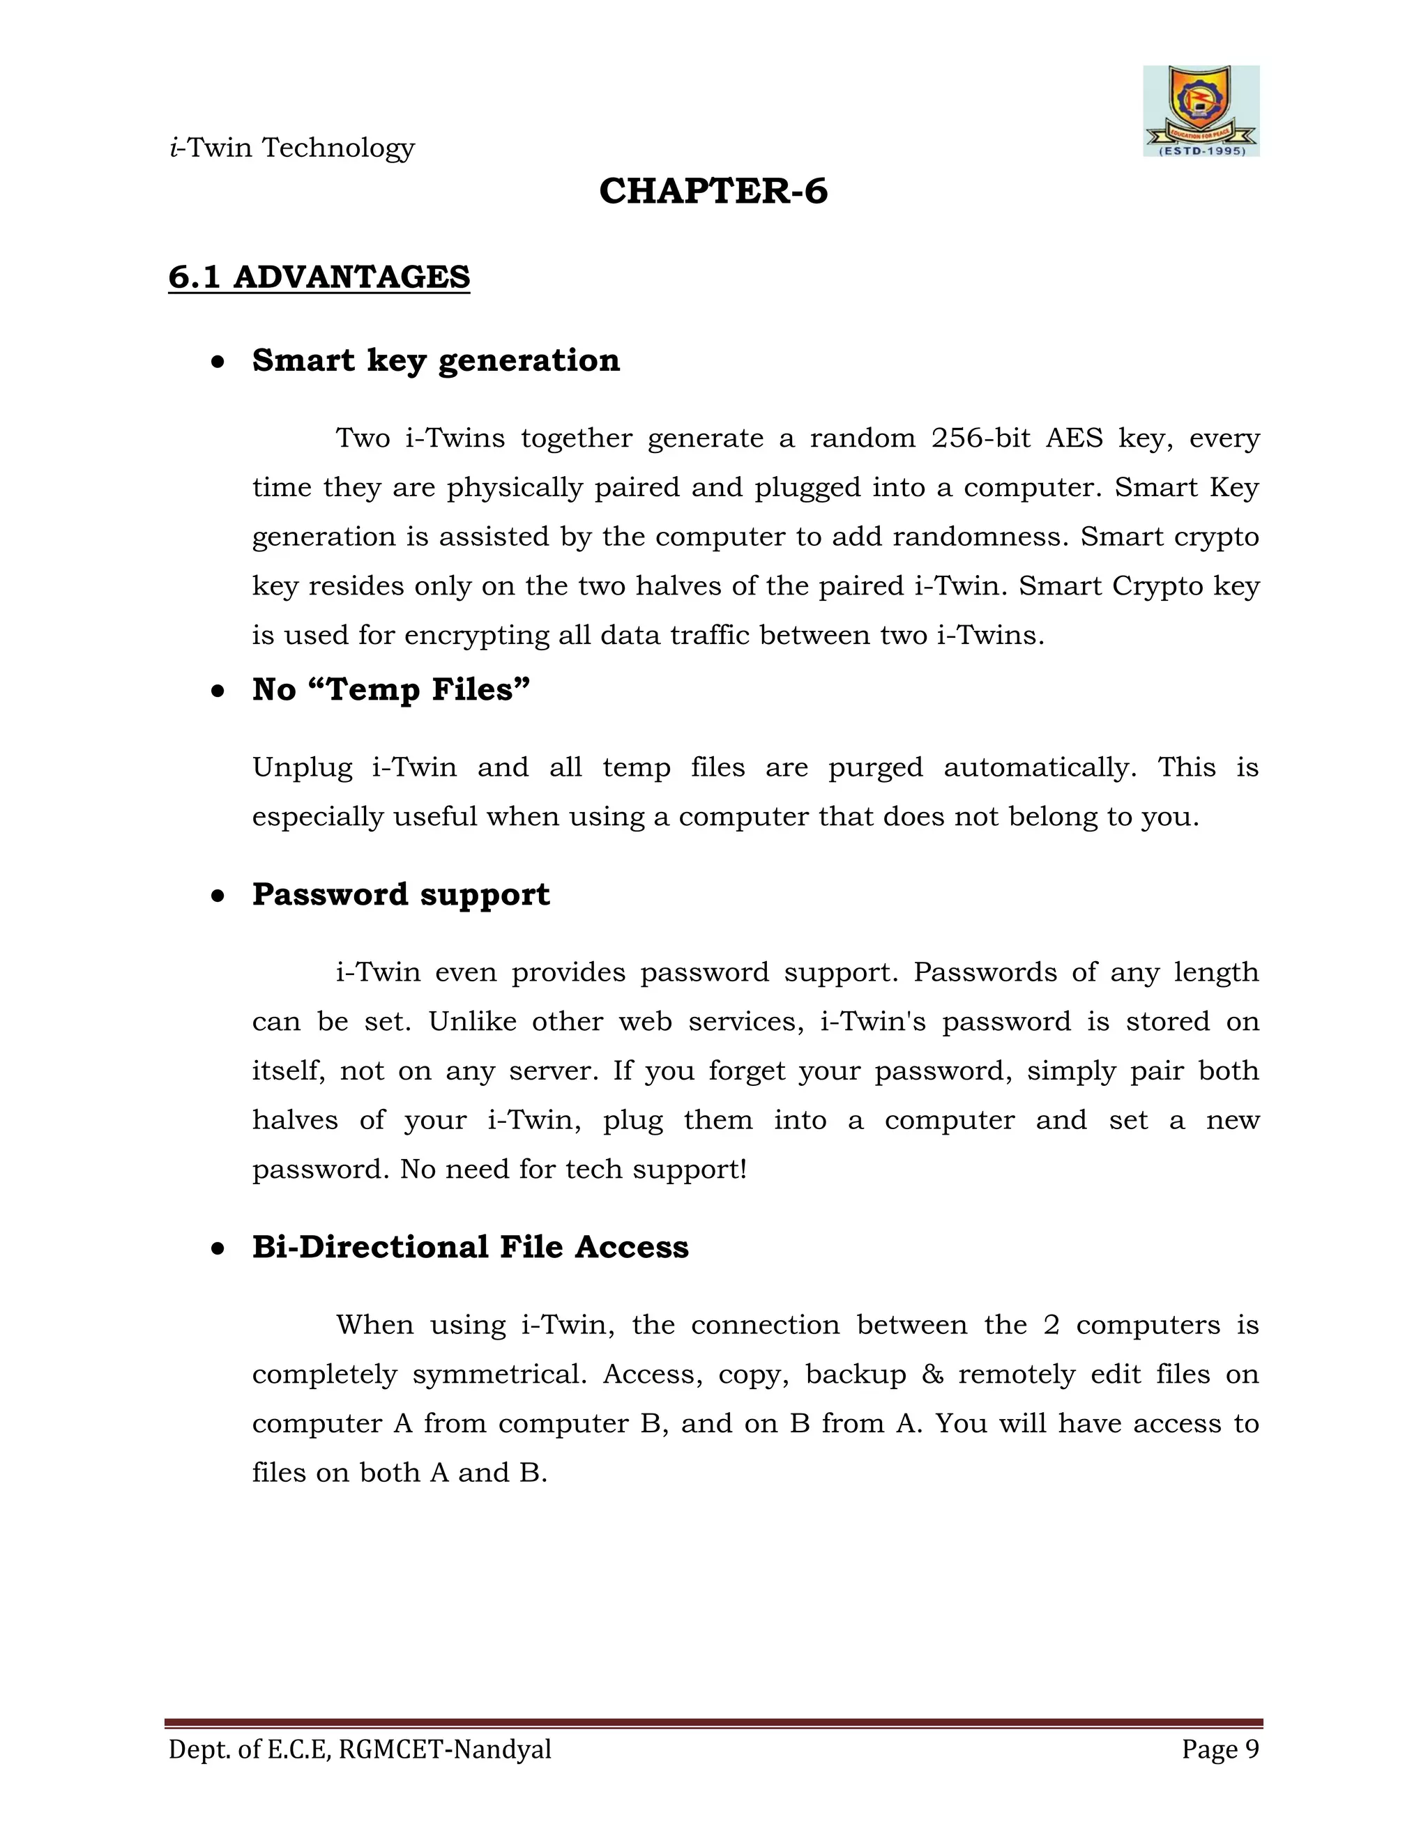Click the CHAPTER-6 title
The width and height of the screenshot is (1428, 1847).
coord(713,191)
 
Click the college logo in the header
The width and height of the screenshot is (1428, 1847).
coord(1201,111)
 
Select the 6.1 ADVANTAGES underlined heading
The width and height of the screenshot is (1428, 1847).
coord(319,277)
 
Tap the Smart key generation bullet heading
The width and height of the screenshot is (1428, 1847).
coord(436,360)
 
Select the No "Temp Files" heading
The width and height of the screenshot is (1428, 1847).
coord(391,689)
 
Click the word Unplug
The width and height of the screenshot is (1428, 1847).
coord(302,768)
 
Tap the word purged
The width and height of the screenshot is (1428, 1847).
coord(875,768)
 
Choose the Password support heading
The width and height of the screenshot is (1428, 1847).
coord(401,895)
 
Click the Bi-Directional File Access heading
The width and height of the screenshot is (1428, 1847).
coord(471,1248)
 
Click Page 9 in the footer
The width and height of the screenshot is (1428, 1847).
coord(1220,1749)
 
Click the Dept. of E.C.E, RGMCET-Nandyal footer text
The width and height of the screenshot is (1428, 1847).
coord(360,1749)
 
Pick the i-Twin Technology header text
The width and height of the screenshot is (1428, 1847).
coord(292,148)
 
